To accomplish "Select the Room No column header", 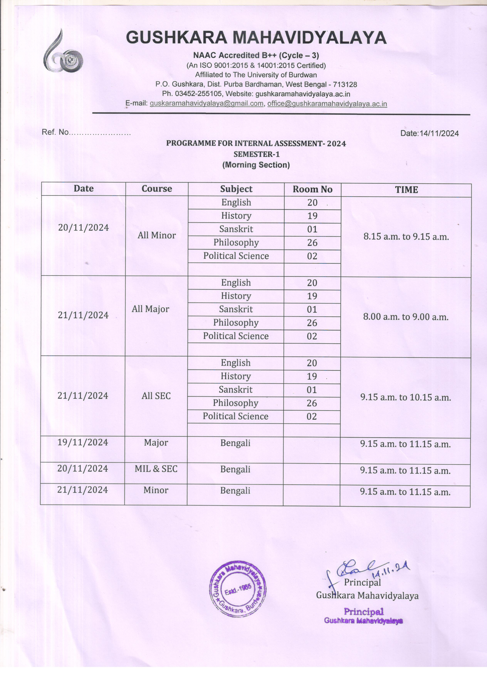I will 312,189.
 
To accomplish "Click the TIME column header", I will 406,190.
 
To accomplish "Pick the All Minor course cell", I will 157,235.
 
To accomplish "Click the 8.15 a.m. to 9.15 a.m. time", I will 406,237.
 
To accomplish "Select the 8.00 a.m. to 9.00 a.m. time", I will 406,317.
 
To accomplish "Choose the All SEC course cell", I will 156,396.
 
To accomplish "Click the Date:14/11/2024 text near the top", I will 429,133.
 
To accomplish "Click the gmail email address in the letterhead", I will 207,104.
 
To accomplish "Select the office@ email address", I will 327,104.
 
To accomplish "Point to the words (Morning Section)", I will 256,165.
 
